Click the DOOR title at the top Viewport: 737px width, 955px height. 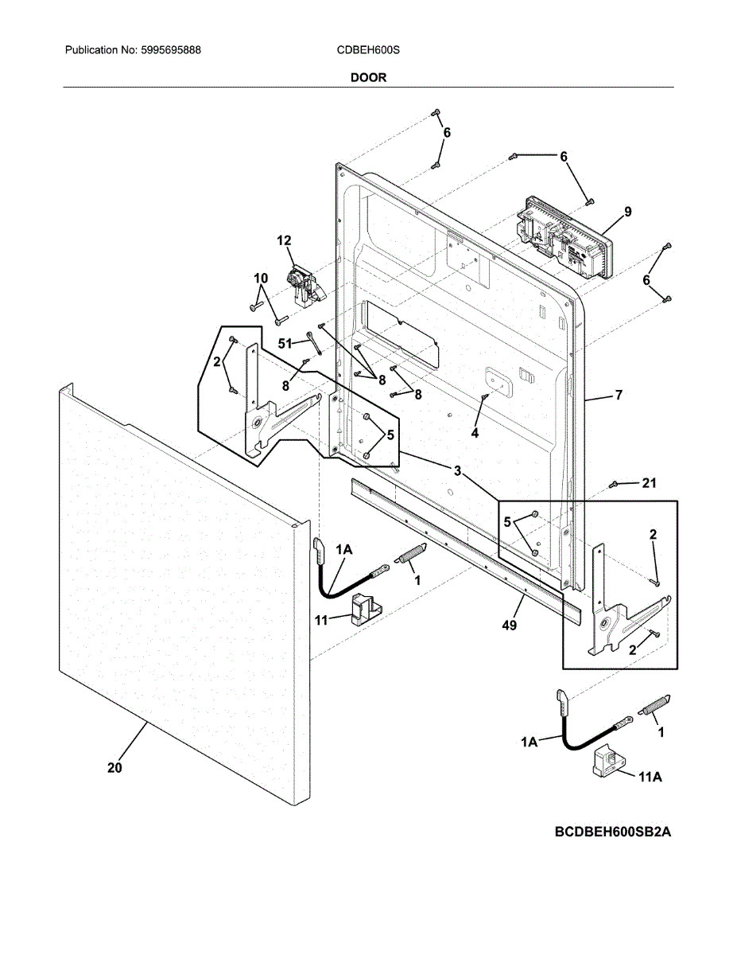tap(368, 78)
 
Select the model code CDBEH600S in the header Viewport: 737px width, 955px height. tap(368, 50)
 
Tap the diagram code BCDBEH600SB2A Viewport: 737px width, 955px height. tap(613, 832)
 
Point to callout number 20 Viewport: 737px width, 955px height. tap(114, 768)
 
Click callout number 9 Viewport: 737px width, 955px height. tap(628, 212)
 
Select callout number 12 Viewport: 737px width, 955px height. tap(284, 240)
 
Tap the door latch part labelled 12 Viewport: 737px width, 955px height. tap(303, 286)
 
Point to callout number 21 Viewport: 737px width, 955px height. tap(651, 483)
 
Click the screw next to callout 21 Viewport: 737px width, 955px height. tap(615, 484)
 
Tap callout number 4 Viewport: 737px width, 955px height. tap(475, 433)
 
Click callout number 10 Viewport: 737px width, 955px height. tap(261, 278)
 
